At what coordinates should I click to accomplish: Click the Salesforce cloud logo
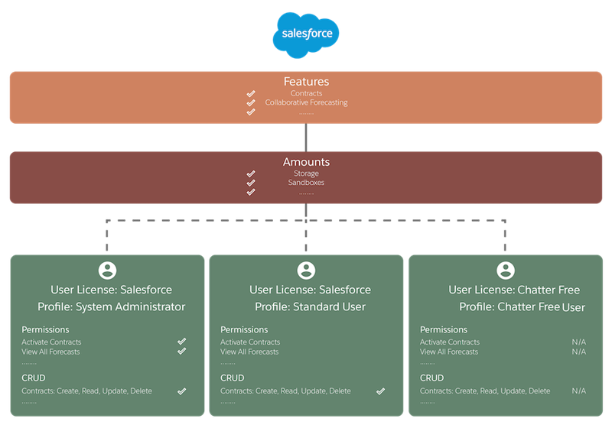306,34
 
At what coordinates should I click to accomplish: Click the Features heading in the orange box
306,82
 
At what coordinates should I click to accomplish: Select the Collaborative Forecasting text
306,102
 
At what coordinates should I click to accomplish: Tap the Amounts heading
306,162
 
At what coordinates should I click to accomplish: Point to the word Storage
306,173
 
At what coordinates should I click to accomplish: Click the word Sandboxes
306,183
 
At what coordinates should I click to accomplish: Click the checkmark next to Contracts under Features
251,93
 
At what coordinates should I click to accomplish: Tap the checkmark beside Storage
251,173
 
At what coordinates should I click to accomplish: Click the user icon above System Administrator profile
107,271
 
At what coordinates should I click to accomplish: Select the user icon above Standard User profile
306,271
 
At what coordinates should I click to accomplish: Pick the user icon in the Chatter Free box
506,271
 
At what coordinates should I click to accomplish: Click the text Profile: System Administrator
111,306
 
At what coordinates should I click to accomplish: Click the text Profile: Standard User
311,306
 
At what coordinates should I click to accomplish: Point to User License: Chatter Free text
514,290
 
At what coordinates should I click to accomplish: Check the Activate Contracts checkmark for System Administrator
181,342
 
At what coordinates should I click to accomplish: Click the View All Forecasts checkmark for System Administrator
181,352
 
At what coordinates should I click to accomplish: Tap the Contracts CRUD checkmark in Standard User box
380,391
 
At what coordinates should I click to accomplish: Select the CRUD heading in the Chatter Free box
431,378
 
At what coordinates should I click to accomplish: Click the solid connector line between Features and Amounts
306,138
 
